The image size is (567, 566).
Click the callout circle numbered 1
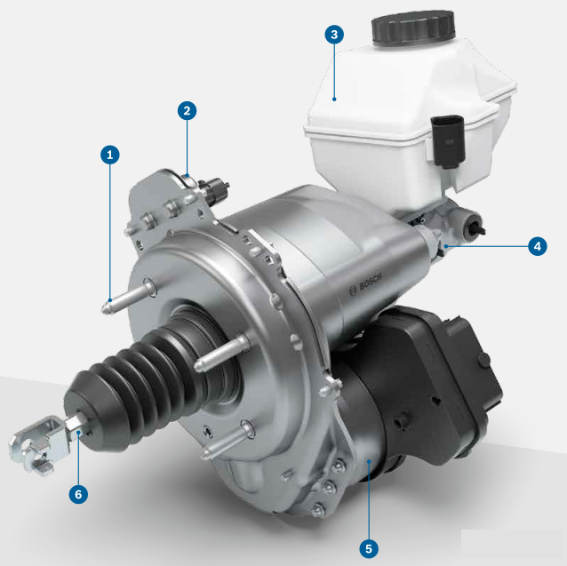[x=110, y=155]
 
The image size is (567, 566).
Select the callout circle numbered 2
[x=187, y=110]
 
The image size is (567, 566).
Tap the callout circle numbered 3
[x=334, y=35]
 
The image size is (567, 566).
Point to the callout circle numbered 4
[x=538, y=246]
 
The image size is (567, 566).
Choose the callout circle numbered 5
[x=369, y=548]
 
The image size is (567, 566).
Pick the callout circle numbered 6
[x=78, y=494]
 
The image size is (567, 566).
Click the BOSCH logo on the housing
[x=365, y=284]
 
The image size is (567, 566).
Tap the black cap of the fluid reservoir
[x=413, y=28]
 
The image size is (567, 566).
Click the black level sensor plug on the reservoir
[x=447, y=141]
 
